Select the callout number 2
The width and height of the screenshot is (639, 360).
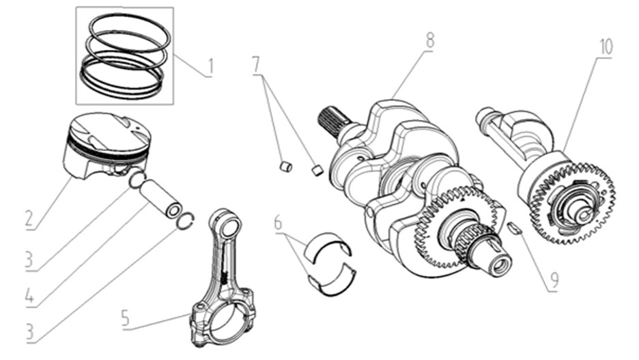point(29,219)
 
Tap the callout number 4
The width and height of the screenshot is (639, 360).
point(29,293)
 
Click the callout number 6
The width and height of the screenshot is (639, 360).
point(279,224)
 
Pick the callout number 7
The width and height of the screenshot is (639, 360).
point(256,64)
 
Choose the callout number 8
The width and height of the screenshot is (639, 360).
point(429,40)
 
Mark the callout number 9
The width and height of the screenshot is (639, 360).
point(554,281)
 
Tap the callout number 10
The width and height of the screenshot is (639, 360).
point(606,46)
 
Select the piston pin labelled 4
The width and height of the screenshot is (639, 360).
point(160,198)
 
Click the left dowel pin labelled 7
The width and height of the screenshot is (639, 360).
point(286,167)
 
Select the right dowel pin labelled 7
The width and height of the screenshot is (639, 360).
point(317,170)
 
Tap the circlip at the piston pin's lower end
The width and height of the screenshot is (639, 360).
point(186,221)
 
